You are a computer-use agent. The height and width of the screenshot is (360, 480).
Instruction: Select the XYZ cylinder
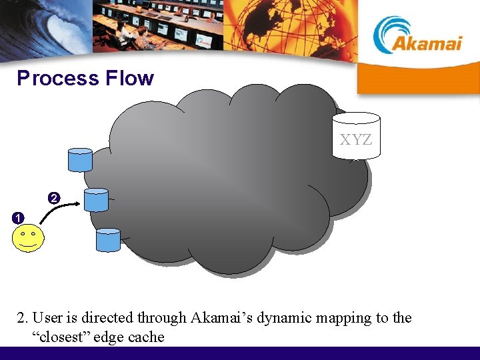[356, 137]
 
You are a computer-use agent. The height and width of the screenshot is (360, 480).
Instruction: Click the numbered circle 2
[54, 197]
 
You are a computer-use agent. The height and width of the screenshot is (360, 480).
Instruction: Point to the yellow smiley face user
[27, 238]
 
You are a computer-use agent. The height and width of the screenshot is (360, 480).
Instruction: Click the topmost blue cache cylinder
[80, 159]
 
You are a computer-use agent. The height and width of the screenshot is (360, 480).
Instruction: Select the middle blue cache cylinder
[96, 199]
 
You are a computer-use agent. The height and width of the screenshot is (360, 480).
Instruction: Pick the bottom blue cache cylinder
[108, 240]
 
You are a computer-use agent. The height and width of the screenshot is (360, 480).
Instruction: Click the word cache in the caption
[147, 337]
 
